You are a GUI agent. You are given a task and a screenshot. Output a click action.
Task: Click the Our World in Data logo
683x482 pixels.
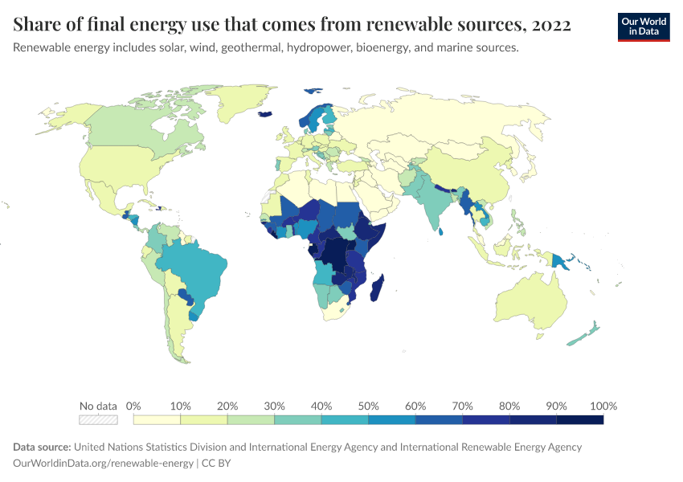coord(643,27)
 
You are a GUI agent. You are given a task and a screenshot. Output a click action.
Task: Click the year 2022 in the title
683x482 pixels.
coord(550,25)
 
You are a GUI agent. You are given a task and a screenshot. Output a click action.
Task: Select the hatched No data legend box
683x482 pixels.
coord(98,419)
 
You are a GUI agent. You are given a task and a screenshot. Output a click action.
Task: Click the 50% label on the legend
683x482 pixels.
coord(368,406)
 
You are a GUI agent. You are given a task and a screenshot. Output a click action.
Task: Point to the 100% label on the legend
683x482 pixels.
coord(603,406)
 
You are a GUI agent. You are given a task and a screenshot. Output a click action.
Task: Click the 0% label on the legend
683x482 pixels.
coord(134,406)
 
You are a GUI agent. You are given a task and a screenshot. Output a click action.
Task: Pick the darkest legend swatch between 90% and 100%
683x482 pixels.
coord(579,419)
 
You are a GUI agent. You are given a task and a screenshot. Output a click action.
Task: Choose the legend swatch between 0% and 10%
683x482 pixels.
coord(157,419)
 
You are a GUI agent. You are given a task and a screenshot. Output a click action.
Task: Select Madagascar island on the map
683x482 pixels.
coord(376,288)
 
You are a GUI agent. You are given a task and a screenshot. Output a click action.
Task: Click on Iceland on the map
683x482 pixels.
coord(264,113)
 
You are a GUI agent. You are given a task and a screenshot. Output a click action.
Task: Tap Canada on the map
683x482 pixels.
coord(129,125)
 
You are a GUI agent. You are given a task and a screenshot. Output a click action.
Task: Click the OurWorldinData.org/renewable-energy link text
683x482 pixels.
coord(103,463)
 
